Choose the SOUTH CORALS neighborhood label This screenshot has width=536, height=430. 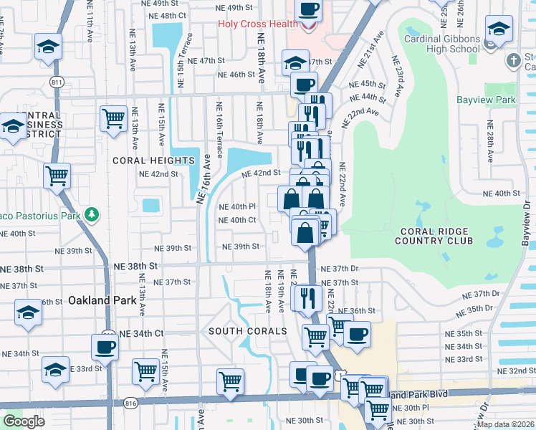(247, 331)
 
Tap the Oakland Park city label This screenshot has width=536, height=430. (102, 300)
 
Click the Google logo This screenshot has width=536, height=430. (24, 421)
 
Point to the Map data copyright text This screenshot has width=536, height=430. (506, 424)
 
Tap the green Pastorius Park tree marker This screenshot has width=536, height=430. (91, 214)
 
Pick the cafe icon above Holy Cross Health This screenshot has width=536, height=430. (309, 10)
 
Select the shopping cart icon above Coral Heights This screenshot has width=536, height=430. (113, 117)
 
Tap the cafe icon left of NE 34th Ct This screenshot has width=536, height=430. (105, 347)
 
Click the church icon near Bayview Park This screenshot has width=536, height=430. (514, 61)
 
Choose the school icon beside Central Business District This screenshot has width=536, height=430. (13, 127)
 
